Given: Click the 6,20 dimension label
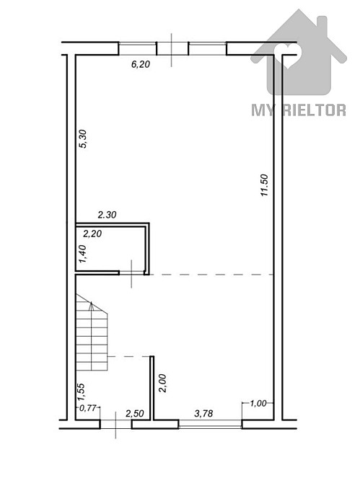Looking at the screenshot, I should (140, 64).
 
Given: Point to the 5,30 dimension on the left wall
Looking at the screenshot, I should (82, 138).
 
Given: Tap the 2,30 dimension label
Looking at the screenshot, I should (107, 214).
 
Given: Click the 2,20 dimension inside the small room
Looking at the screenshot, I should (93, 233).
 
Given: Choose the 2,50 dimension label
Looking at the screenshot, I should (135, 413).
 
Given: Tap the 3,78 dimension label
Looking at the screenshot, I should (206, 413).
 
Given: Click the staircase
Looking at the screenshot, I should (91, 334).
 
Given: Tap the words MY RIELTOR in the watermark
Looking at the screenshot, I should (298, 110).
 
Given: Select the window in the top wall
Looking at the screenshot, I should (172, 48).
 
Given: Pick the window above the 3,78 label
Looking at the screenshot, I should (210, 423).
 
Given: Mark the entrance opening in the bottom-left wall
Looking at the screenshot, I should (115, 423).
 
